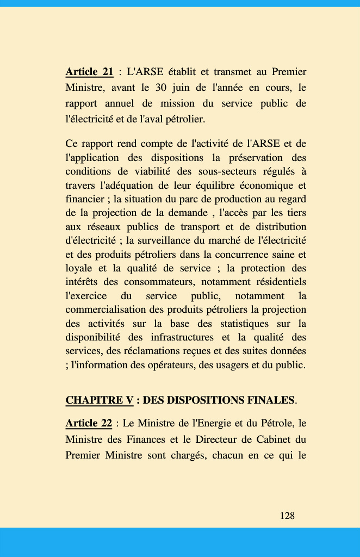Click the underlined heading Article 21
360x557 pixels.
click(x=89, y=72)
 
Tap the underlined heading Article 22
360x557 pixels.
click(x=89, y=423)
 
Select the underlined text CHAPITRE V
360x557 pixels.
click(x=99, y=400)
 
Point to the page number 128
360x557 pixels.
click(x=287, y=516)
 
